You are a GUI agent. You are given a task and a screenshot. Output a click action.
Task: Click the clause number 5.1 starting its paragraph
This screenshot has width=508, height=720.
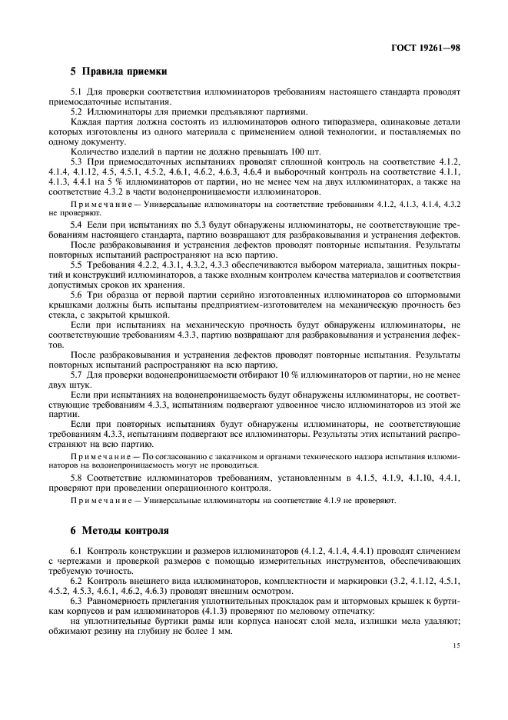(76, 92)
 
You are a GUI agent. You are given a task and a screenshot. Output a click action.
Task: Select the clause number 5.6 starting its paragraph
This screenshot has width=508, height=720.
(76, 295)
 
